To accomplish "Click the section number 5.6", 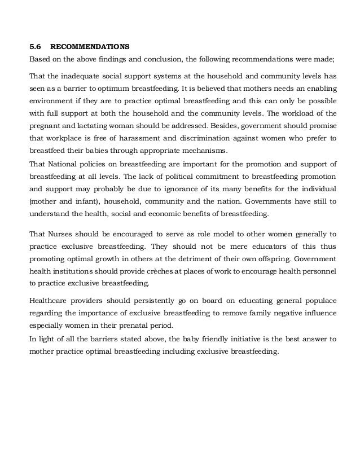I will tap(35, 46).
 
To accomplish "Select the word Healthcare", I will tap(50, 300).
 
